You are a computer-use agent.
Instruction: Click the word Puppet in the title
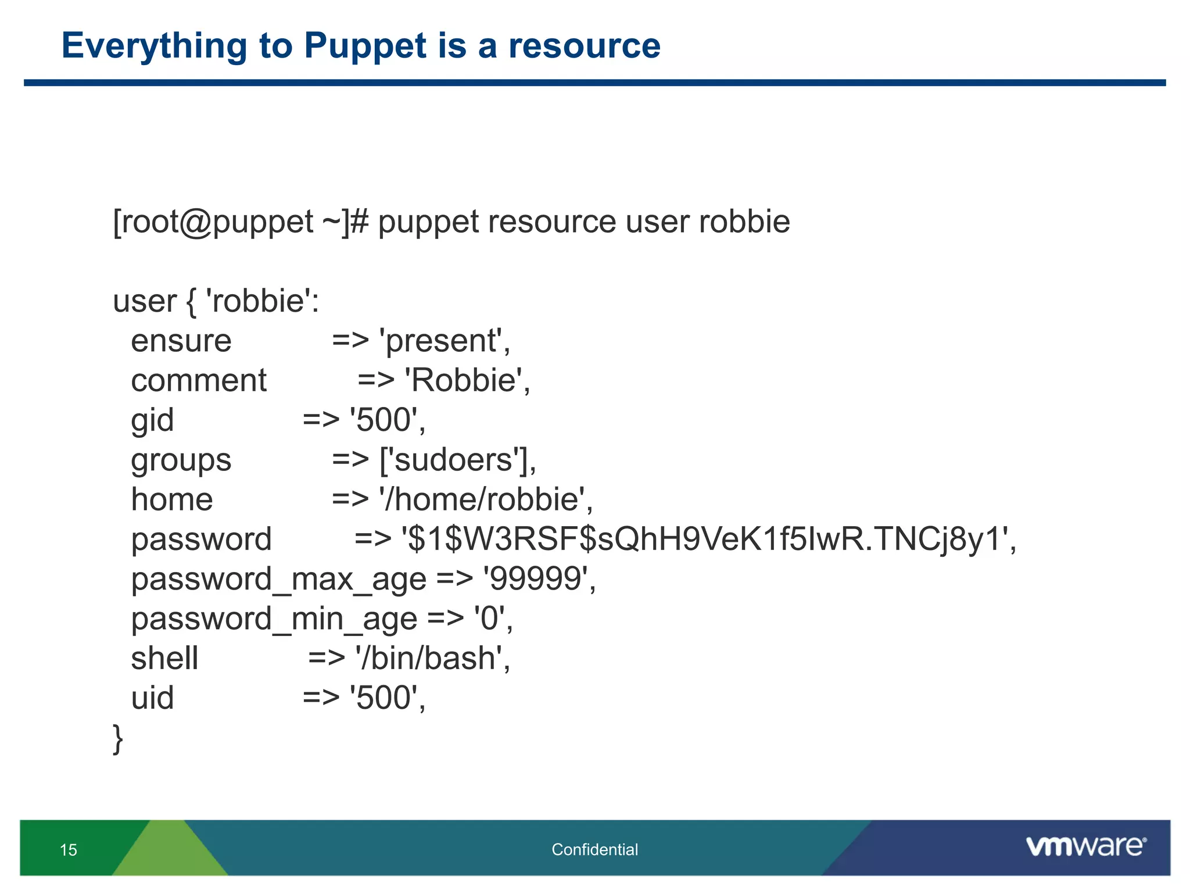tap(365, 47)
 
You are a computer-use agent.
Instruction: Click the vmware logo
tap(1085, 846)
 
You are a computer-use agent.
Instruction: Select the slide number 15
tap(69, 850)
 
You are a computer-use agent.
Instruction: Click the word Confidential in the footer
tap(594, 849)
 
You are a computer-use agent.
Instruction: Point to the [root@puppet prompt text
tap(213, 222)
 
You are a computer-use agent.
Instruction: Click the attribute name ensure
tap(181, 341)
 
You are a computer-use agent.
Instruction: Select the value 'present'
tap(445, 341)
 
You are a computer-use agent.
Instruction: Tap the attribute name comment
tap(199, 381)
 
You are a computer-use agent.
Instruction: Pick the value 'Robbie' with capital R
tap(467, 381)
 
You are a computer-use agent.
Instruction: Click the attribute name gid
tap(152, 420)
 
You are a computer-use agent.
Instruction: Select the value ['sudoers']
tap(457, 460)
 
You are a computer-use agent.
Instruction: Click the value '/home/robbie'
tap(485, 499)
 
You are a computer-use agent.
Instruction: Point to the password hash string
tap(708, 539)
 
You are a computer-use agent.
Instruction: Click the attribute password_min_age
tap(274, 619)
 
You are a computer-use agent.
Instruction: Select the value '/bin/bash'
tap(432, 659)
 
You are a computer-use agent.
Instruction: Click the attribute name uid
tap(152, 698)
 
